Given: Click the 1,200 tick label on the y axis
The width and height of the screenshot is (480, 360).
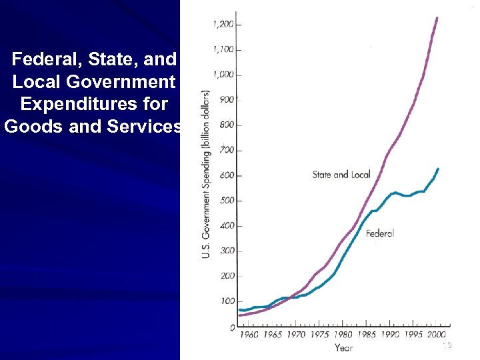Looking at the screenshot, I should [x=223, y=25].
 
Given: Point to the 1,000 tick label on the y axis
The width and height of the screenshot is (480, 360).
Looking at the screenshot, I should [x=223, y=75].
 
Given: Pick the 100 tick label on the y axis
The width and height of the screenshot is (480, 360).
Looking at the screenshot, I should [x=227, y=302].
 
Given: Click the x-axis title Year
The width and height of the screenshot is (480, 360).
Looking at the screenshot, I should [x=343, y=347].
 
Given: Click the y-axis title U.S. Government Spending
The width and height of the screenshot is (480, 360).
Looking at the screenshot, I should [x=207, y=175].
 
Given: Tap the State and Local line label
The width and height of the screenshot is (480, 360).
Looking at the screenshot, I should [x=341, y=175].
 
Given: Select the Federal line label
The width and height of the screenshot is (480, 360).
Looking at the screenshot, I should [x=380, y=233].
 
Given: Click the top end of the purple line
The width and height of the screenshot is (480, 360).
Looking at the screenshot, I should [x=437, y=17].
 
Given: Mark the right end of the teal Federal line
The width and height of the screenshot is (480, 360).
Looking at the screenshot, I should [x=438, y=169].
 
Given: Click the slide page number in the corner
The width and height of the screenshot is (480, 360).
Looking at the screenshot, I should [x=447, y=345].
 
